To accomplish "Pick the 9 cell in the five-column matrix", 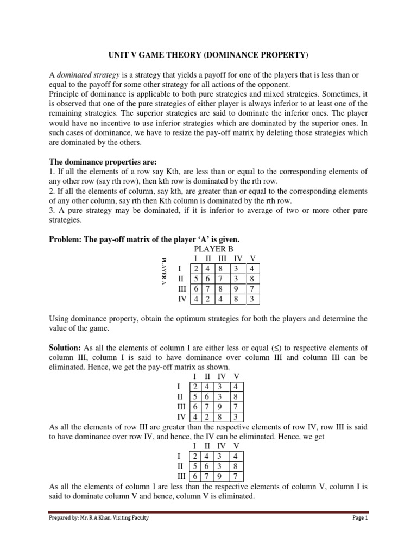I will [x=237, y=289].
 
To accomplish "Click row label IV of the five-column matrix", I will [x=182, y=299].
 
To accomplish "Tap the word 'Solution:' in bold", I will [x=65, y=347].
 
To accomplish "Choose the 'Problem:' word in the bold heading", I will [x=67, y=239].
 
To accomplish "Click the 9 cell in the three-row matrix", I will [x=222, y=476].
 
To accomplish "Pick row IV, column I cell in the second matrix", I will [x=194, y=417].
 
